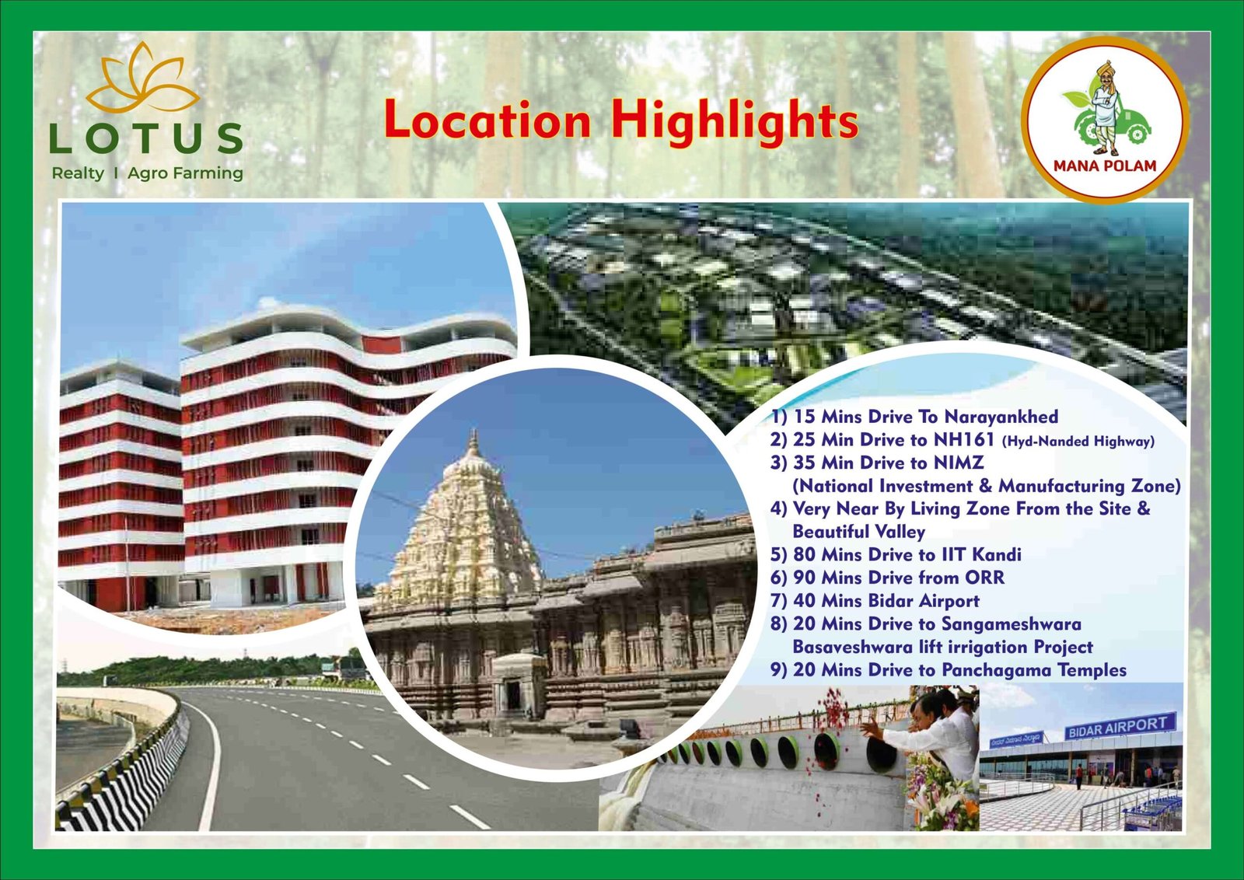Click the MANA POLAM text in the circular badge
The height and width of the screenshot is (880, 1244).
pos(1105,166)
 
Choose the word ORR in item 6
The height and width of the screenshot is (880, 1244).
pos(985,578)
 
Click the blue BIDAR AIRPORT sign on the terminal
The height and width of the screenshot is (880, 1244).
pos(1120,726)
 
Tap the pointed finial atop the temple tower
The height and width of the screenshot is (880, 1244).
pos(473,443)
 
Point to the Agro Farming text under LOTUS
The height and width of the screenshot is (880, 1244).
pos(185,174)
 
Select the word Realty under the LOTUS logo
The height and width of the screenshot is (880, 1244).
pos(78,174)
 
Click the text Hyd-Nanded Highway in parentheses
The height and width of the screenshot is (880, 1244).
pos(1077,442)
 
